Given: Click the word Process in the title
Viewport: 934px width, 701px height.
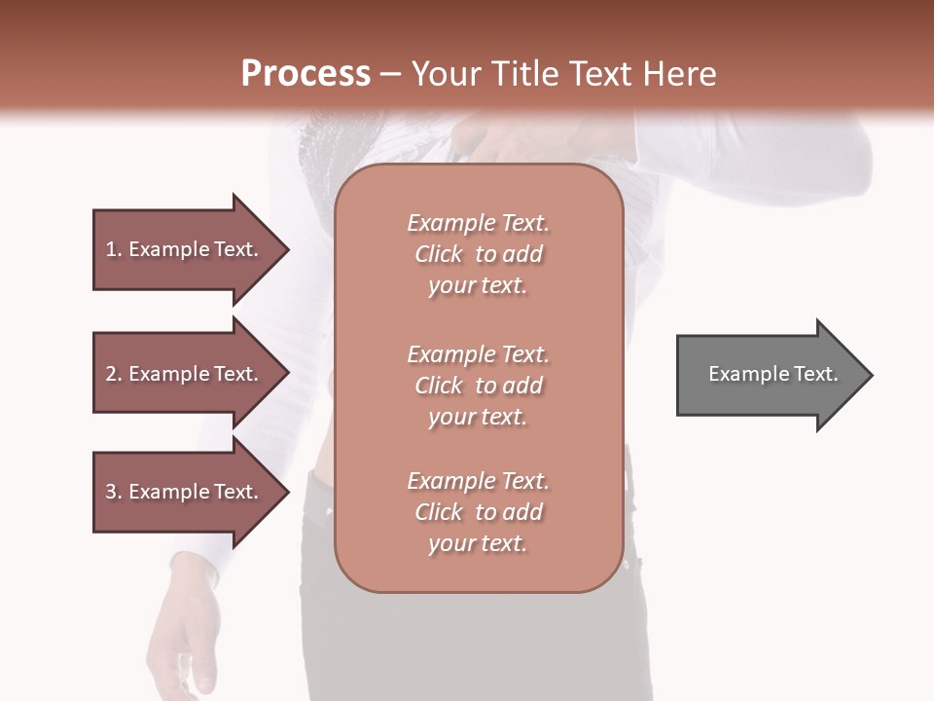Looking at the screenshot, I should click(305, 74).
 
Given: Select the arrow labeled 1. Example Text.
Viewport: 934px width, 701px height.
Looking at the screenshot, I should click(185, 249).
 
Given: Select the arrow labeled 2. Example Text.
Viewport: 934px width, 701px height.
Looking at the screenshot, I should click(185, 374).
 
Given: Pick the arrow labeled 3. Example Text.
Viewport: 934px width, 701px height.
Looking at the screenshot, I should click(185, 492).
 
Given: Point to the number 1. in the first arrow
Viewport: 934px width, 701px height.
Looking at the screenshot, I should click(114, 249).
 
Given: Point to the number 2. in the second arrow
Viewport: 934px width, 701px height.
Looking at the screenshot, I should click(114, 374).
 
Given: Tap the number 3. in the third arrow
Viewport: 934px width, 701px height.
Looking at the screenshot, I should click(114, 492).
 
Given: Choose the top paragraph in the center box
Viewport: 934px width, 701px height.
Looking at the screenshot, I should click(478, 254).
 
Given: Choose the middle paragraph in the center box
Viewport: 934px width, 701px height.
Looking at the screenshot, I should click(478, 386).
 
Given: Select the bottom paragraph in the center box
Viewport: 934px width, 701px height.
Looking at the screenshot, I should click(478, 512).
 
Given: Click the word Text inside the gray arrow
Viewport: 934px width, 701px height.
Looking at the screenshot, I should click(815, 374).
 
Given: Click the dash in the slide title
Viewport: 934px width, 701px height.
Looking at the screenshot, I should click(391, 74).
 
